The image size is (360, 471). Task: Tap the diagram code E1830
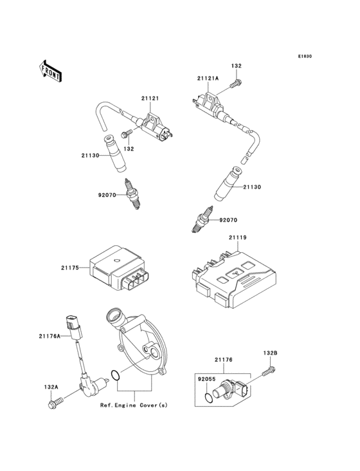304,57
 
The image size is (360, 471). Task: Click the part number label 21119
237,238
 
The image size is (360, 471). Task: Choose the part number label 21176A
50,335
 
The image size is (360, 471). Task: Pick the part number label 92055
206,380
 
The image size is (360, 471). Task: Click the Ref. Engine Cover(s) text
133,407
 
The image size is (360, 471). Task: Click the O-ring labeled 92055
206,398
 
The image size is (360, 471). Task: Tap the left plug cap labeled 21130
115,152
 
